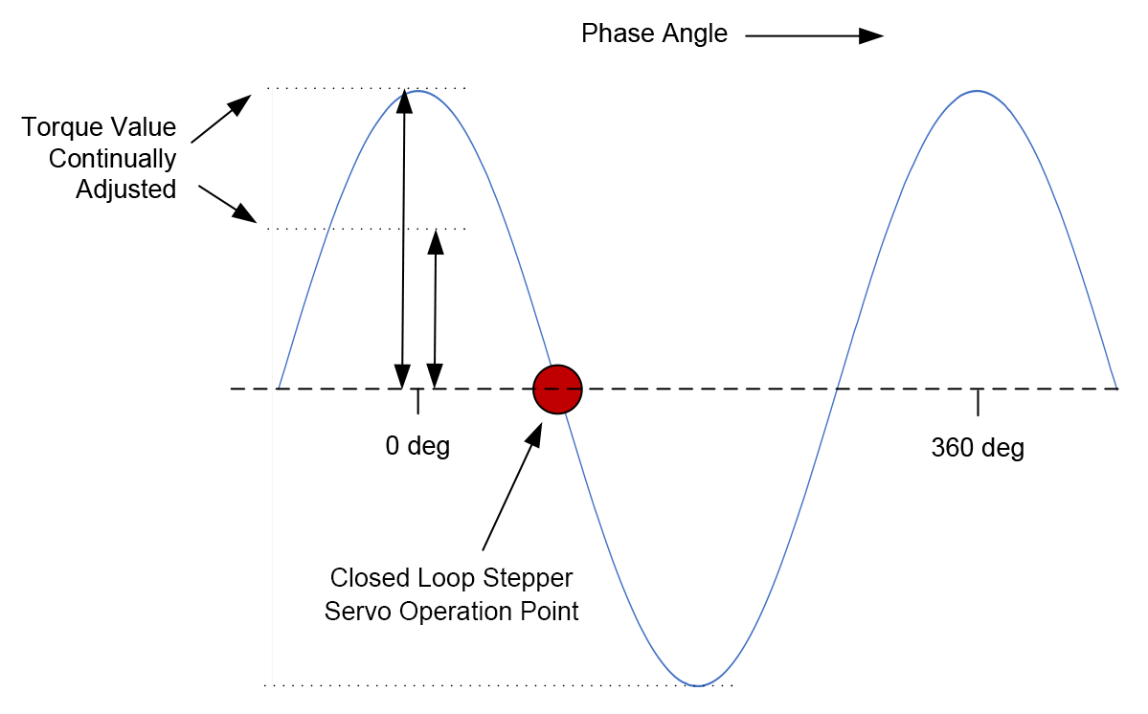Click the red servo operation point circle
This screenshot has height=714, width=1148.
[558, 390]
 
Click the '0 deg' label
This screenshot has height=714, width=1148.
[417, 446]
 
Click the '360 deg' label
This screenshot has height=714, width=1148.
[978, 448]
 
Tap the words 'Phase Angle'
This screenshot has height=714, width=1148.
[654, 34]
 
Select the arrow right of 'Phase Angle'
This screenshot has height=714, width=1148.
[813, 35]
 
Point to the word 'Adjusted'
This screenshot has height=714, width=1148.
[125, 190]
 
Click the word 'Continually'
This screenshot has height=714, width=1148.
[113, 158]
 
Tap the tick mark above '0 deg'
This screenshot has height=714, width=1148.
[417, 402]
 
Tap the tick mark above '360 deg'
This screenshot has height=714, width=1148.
[978, 402]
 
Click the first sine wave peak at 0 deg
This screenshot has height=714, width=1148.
[417, 91]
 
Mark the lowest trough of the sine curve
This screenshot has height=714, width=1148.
[699, 685]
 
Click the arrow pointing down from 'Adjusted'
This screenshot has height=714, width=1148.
[228, 204]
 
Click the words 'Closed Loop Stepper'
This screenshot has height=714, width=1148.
[451, 578]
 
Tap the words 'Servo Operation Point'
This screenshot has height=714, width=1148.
[451, 611]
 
